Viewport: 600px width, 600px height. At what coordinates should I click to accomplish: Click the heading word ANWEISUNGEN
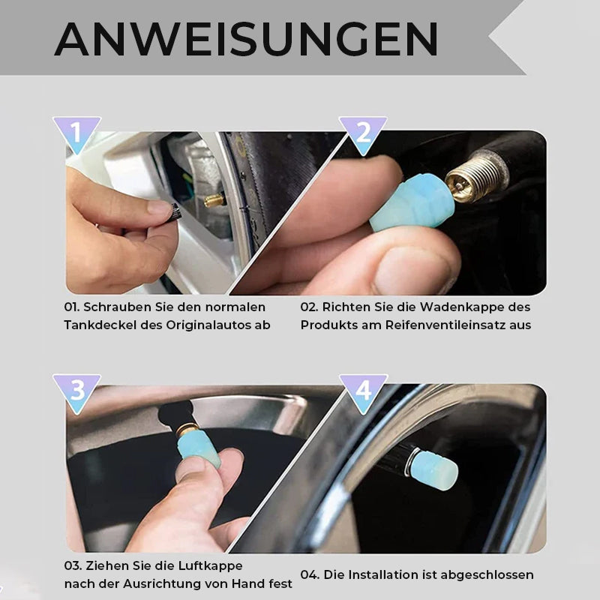point(246,39)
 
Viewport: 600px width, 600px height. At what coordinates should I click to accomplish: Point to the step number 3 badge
point(76,391)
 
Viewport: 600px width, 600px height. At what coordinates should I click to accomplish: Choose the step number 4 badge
point(363,391)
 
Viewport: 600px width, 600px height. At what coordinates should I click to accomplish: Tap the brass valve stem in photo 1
point(214,200)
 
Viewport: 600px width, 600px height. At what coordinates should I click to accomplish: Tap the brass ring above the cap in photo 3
point(187,429)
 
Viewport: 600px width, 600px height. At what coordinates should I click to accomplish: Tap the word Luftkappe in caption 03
point(209,565)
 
